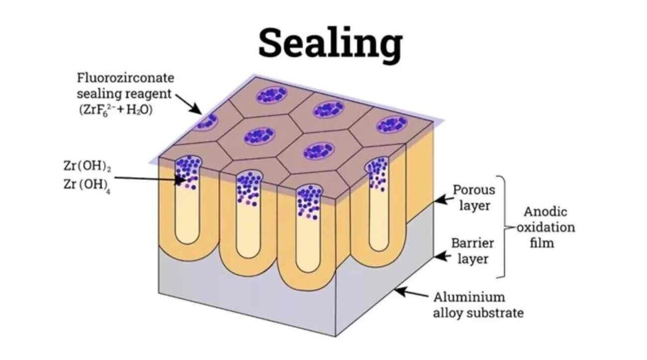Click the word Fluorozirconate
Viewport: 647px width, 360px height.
coord(125,78)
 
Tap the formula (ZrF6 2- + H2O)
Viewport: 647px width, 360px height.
coord(116,111)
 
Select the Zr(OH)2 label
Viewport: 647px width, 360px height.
coord(87,166)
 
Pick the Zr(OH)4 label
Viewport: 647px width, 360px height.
coord(87,185)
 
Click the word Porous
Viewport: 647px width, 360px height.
coord(474,190)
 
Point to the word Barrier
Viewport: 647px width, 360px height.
coord(472,243)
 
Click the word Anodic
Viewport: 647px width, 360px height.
coord(545,212)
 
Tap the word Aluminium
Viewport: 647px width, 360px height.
coord(469,297)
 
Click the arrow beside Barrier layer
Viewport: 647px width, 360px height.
coord(442,256)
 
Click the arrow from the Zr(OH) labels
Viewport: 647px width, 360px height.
coord(149,179)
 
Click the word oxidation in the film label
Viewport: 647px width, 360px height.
coord(546,228)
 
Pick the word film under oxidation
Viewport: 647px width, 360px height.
coord(542,243)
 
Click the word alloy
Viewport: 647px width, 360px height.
coord(448,313)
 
